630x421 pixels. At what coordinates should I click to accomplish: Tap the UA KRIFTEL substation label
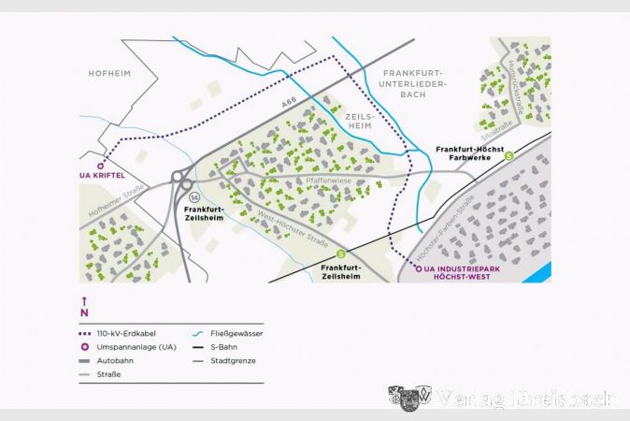click(102, 176)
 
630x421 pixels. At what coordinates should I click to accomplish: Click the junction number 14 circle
click(194, 199)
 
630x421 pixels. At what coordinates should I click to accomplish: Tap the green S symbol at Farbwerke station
click(509, 156)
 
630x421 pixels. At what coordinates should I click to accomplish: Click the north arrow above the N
click(84, 300)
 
